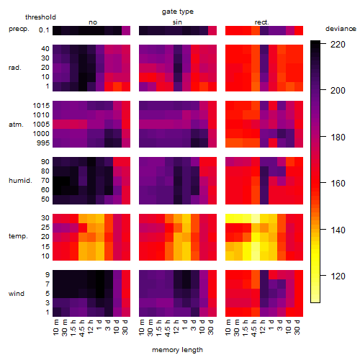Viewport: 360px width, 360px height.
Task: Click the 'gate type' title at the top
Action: (178, 12)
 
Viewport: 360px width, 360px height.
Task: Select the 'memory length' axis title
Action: (177, 350)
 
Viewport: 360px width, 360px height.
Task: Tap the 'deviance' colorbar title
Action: (341, 29)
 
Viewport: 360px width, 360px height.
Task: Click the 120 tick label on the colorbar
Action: (338, 276)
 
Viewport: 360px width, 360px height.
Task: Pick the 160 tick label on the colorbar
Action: (338, 184)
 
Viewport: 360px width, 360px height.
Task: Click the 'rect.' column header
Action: (261, 22)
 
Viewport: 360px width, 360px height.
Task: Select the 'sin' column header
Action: (177, 22)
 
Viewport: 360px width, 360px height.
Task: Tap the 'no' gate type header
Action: (93, 22)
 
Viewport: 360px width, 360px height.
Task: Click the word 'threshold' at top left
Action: (40, 17)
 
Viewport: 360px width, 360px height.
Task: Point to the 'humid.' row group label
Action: (20, 181)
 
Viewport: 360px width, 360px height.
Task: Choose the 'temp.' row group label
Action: (18, 236)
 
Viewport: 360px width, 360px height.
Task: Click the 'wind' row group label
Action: (17, 294)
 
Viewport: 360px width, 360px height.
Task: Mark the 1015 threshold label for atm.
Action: (41, 106)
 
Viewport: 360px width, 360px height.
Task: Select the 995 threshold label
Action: (43, 143)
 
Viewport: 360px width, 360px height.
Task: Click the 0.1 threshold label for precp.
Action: (44, 30)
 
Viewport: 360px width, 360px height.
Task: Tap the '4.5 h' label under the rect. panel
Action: (253, 328)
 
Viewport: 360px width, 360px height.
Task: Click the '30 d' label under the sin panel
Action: (211, 328)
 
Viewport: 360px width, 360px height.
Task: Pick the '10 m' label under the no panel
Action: (55, 328)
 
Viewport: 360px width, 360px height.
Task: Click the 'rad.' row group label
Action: (15, 68)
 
